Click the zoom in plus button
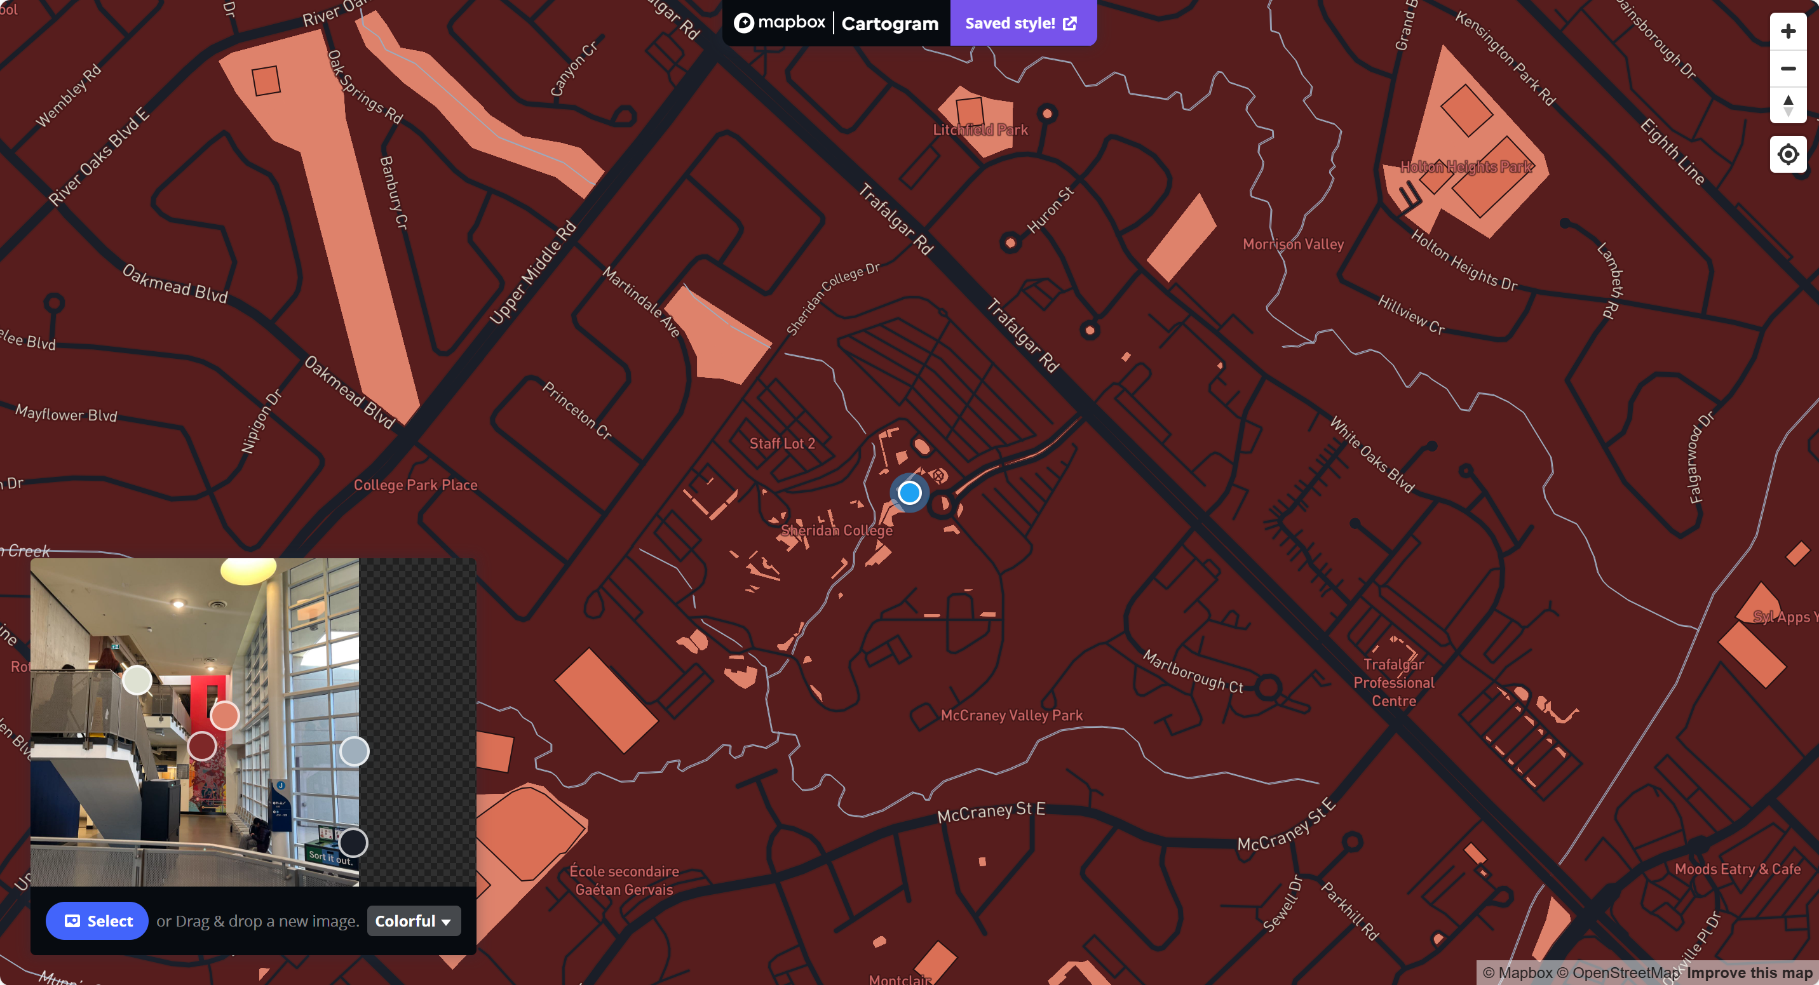pyautogui.click(x=1787, y=31)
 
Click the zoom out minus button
pyautogui.click(x=1787, y=69)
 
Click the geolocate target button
pyautogui.click(x=1787, y=154)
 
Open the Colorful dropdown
pyautogui.click(x=413, y=921)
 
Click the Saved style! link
pyautogui.click(x=1021, y=23)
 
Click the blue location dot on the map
pyautogui.click(x=910, y=493)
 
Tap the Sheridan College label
pyautogui.click(x=836, y=530)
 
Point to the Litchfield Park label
pyautogui.click(x=980, y=130)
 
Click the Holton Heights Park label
pyautogui.click(x=1466, y=167)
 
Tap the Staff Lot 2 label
pyautogui.click(x=781, y=444)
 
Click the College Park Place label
pyautogui.click(x=416, y=485)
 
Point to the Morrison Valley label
pyautogui.click(x=1293, y=244)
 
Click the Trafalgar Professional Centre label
pyautogui.click(x=1393, y=682)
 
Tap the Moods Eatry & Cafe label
pyautogui.click(x=1737, y=869)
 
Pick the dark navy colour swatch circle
pyautogui.click(x=353, y=843)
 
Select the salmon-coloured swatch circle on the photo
pyautogui.click(x=224, y=716)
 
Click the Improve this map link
pyautogui.click(x=1749, y=973)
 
